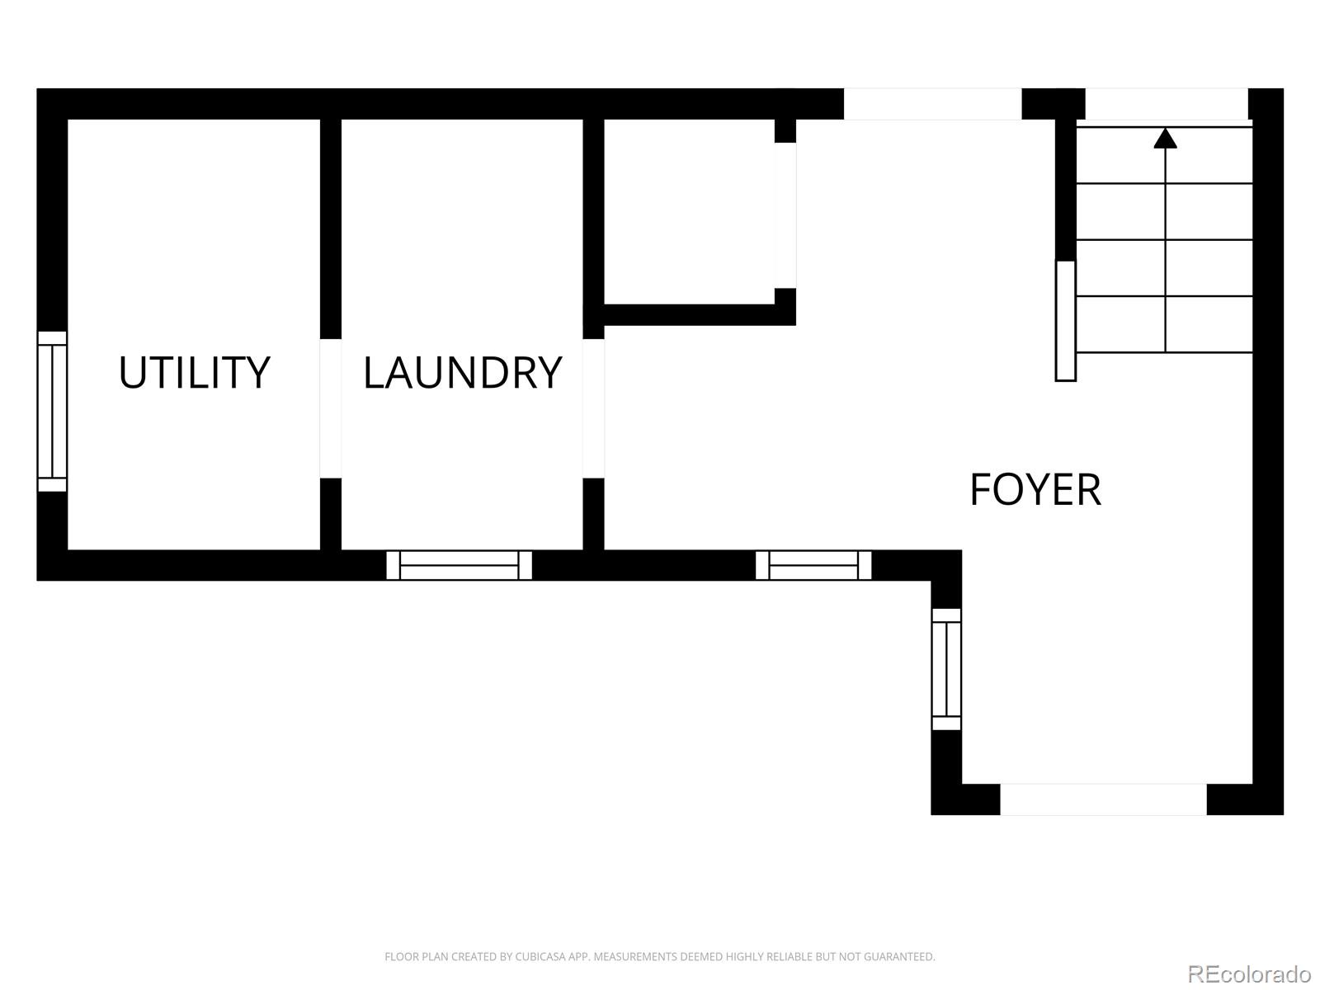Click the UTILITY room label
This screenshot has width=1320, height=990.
[194, 373]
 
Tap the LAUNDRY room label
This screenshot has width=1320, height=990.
[463, 373]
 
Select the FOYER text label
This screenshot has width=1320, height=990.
[1035, 490]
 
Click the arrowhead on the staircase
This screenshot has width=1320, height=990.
[1166, 138]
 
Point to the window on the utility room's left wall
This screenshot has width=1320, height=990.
[52, 411]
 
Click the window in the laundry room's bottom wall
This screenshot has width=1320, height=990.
[459, 565]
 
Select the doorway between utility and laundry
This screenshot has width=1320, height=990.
[330, 408]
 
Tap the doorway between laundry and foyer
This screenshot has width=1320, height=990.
[593, 408]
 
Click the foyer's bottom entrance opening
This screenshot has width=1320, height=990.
[1104, 799]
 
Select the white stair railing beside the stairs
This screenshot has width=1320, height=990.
[1066, 321]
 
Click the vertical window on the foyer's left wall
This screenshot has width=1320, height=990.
[946, 669]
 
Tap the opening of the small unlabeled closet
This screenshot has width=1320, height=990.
[785, 215]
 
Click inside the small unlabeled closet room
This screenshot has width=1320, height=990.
[689, 211]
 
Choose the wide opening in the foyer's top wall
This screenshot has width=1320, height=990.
[933, 104]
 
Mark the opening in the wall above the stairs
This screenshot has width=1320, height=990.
[1167, 104]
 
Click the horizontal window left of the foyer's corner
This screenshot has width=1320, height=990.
[813, 565]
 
